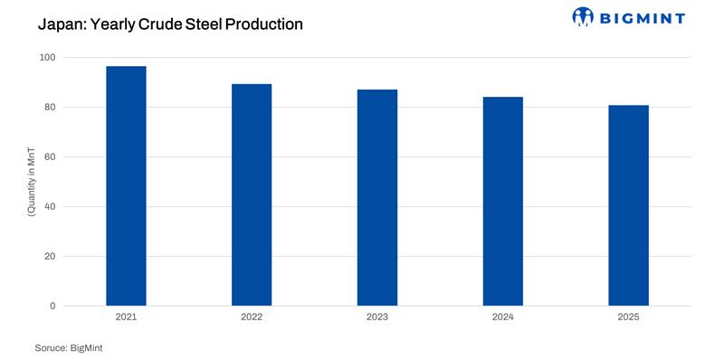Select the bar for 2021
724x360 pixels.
[126, 186]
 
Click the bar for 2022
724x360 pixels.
[252, 194]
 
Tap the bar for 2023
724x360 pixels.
[377, 197]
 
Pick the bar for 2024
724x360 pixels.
[503, 201]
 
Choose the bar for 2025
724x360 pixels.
[628, 205]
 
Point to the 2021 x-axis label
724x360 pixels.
[126, 318]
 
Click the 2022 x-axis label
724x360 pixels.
[252, 318]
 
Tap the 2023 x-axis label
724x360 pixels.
[377, 318]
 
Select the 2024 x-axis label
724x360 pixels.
[503, 318]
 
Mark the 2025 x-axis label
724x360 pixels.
[628, 318]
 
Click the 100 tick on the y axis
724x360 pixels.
[47, 58]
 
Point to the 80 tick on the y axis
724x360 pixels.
[50, 108]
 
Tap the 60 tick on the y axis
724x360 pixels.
[50, 157]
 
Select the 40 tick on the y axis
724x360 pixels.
[50, 207]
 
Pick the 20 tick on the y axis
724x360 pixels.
[50, 257]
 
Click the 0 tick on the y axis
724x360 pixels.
[52, 307]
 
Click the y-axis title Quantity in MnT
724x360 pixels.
[31, 182]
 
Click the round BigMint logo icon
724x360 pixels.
[584, 17]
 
